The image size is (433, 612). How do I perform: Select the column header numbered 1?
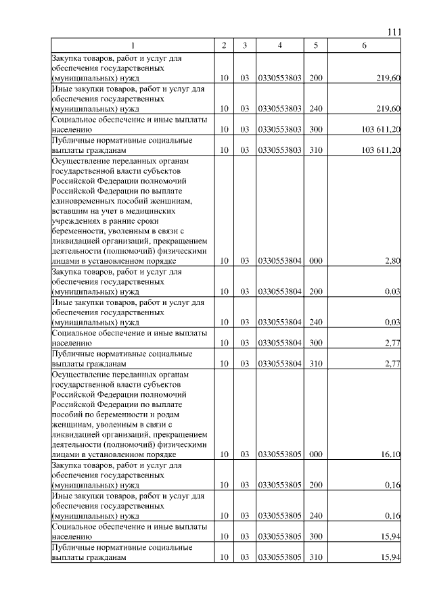[133, 45]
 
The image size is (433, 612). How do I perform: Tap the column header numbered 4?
[279, 45]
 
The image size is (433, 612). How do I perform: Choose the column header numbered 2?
[224, 45]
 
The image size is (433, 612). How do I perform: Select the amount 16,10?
[390, 455]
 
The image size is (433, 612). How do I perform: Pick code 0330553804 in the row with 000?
[279, 261]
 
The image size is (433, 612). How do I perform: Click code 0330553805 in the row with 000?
[279, 455]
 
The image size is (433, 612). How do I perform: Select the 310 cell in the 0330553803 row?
[315, 150]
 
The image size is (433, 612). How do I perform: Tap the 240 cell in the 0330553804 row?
[315, 323]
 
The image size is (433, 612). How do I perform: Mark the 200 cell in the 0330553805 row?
[315, 486]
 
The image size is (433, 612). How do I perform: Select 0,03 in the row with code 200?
[392, 291]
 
